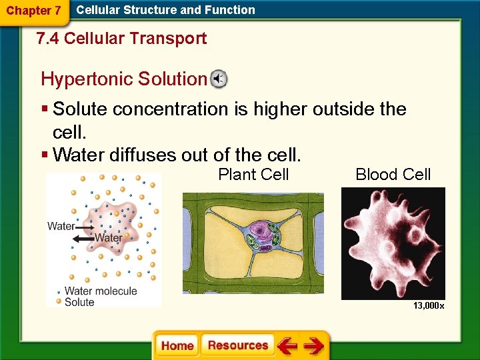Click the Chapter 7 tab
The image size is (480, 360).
click(x=33, y=11)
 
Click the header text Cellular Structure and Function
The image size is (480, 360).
click(x=165, y=10)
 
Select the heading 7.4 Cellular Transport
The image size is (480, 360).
click(x=121, y=39)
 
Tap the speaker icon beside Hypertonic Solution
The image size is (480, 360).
click(x=219, y=79)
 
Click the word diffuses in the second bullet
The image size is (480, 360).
click(x=141, y=155)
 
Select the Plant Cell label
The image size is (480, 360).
click(x=253, y=175)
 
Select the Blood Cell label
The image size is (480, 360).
click(x=393, y=175)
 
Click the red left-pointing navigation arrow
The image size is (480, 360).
click(x=288, y=346)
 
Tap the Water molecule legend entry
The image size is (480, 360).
click(x=100, y=291)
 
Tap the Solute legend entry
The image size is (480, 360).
click(x=79, y=302)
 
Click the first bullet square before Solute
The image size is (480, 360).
click(x=44, y=109)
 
